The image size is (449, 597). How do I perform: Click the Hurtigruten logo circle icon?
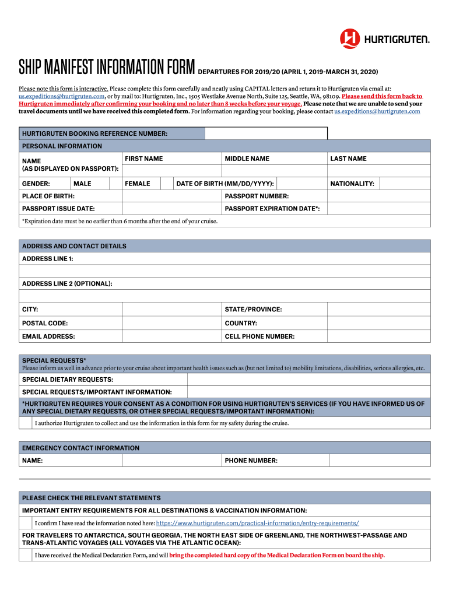(350, 38)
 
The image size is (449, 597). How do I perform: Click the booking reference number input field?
(266, 134)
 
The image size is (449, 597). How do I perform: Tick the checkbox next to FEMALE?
(166, 184)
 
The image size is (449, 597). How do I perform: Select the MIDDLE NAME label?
(247, 159)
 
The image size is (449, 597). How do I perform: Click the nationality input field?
(405, 184)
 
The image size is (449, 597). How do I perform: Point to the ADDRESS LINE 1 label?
(48, 258)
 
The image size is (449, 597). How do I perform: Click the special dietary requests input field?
(308, 380)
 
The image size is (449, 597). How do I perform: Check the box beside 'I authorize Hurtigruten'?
(26, 423)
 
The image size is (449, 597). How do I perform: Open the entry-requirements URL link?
(257, 523)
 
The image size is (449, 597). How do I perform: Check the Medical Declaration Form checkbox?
(26, 555)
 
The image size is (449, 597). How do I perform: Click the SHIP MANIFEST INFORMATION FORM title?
(107, 68)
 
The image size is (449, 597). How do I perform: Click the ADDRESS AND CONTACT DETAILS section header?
(74, 246)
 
